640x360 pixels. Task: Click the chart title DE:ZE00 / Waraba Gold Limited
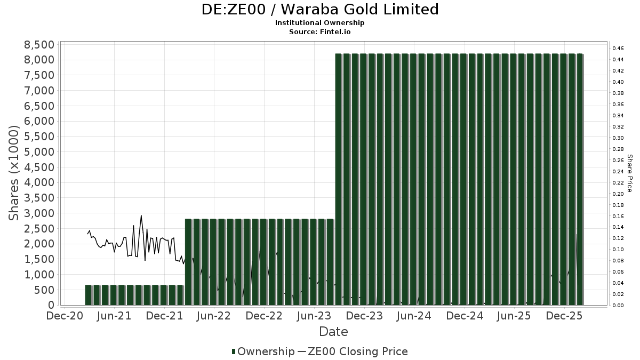point(320,10)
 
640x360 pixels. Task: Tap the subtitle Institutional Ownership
point(320,23)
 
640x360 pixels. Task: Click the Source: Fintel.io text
point(320,31)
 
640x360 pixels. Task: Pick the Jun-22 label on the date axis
point(213,316)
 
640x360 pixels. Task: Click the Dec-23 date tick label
point(364,316)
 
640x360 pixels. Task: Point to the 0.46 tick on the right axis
point(618,49)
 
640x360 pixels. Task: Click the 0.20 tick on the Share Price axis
point(618,194)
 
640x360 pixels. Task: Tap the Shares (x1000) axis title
point(14,173)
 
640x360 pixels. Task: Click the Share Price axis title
point(629,173)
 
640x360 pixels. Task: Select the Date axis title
point(333,332)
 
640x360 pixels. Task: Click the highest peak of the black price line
point(141,216)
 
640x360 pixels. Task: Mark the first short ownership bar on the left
point(89,295)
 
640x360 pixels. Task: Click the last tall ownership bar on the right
point(580,179)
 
